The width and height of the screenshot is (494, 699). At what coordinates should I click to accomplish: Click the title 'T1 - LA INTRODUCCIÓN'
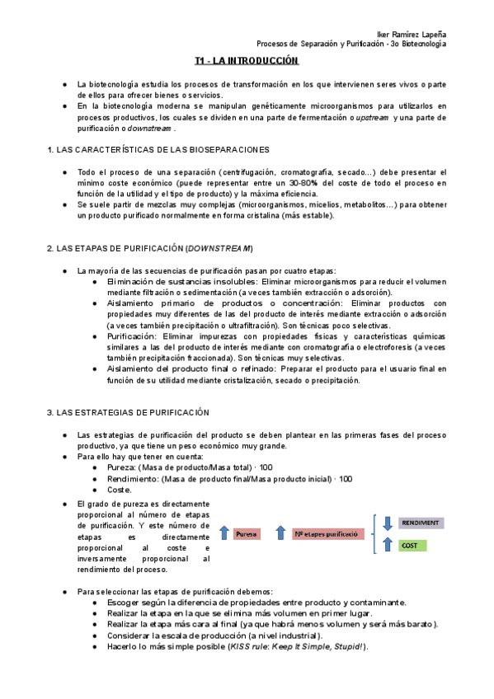[x=246, y=61]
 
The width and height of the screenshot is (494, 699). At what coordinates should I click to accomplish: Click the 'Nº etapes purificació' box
[x=326, y=533]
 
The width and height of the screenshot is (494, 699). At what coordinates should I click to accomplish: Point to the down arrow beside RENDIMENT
[x=387, y=523]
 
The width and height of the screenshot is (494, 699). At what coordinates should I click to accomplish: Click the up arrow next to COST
[x=387, y=544]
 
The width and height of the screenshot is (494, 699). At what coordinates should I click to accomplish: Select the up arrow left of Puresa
[x=224, y=533]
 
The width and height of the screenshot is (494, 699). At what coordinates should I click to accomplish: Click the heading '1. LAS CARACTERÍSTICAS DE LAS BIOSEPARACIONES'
[x=158, y=149]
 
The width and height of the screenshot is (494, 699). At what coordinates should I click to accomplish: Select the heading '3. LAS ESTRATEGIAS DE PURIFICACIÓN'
[x=128, y=412]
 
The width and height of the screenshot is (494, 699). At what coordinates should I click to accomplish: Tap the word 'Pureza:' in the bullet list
[x=121, y=467]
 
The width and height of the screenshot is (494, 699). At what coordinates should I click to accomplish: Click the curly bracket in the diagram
[x=375, y=533]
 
